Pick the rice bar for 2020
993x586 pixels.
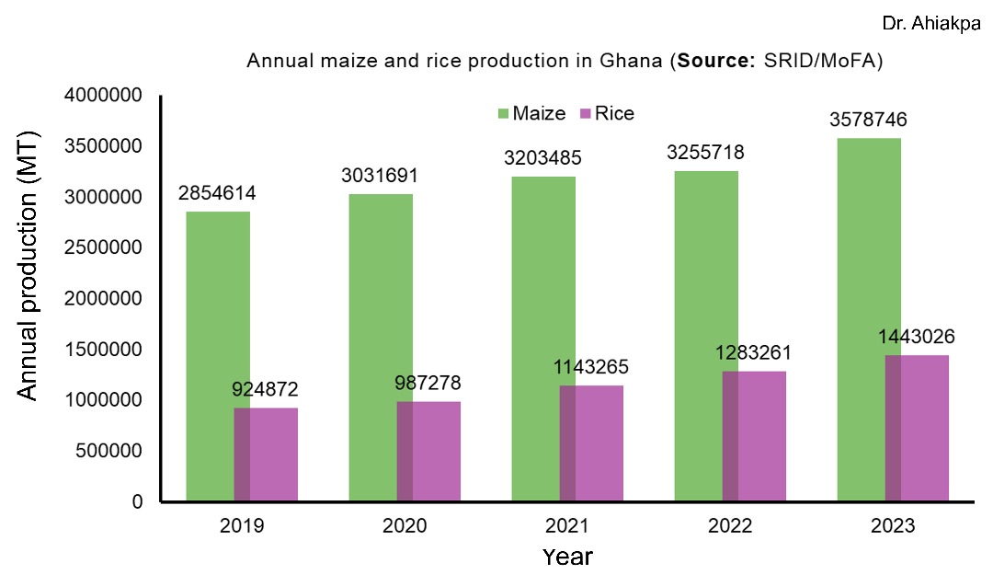click(428, 451)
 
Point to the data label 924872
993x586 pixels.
click(266, 390)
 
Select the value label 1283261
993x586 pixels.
click(754, 353)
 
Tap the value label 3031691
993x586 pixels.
click(380, 175)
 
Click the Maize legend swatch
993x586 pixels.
click(504, 114)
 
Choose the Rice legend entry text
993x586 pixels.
click(614, 114)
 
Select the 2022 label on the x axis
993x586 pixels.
click(730, 526)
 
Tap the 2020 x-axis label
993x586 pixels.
click(405, 526)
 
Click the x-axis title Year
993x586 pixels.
click(567, 557)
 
